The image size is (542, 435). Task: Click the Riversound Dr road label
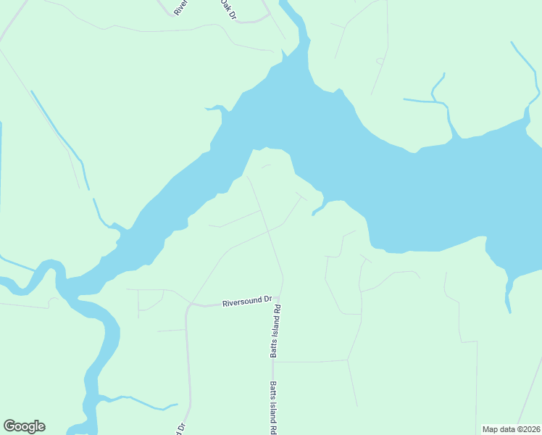point(246,299)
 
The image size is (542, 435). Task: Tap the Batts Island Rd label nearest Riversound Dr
point(275,331)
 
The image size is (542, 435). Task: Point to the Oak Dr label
point(228,9)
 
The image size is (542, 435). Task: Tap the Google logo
point(24,426)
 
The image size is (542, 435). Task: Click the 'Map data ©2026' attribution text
point(512,428)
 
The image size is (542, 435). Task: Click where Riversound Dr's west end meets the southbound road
point(188,306)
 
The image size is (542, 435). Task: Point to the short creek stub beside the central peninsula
point(317,211)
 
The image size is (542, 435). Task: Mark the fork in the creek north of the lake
point(443,101)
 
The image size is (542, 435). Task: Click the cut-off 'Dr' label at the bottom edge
point(179,428)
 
